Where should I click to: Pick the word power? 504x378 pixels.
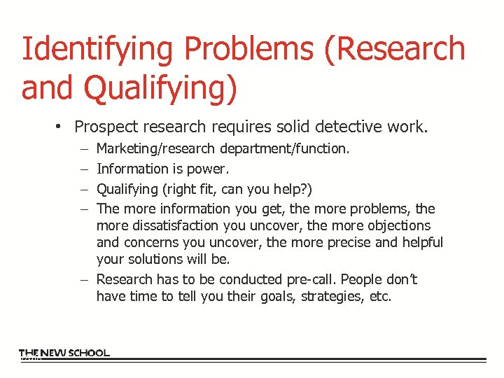coord(209,169)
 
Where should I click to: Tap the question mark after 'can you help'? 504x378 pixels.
coord(306,189)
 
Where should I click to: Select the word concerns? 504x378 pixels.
coord(152,243)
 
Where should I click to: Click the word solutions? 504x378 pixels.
coord(157,260)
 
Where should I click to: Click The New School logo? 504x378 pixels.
coord(64,353)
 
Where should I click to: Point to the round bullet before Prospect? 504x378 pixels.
coord(62,127)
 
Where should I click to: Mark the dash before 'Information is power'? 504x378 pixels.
coord(84,169)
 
